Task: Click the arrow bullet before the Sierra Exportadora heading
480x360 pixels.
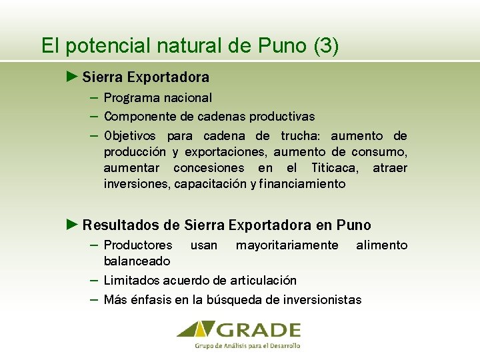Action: pos(73,77)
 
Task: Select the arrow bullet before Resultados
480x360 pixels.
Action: pos(73,225)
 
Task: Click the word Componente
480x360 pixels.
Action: pos(139,117)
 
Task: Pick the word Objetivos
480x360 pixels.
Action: pos(131,136)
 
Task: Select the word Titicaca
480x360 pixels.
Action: pos(337,168)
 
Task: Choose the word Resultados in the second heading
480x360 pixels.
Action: pos(122,225)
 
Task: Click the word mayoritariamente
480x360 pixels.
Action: pos(287,245)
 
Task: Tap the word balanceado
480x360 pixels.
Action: pos(137,261)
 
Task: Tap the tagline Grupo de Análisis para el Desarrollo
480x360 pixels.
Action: pos(247,345)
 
